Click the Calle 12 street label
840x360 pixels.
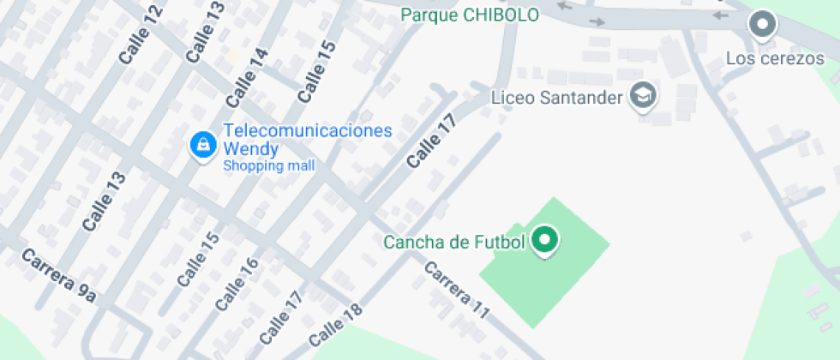point(141,34)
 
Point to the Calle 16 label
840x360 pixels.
point(237,284)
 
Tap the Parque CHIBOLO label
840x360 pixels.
point(470,15)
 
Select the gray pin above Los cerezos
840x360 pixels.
point(761,25)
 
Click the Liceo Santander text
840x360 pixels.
point(556,97)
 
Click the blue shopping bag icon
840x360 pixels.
point(202,145)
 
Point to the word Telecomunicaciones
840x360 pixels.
point(307,131)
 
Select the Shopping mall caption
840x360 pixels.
point(268,165)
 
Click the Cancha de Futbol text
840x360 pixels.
point(453,243)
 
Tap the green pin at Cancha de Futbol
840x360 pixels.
point(544,241)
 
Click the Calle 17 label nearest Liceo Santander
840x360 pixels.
point(430,141)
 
